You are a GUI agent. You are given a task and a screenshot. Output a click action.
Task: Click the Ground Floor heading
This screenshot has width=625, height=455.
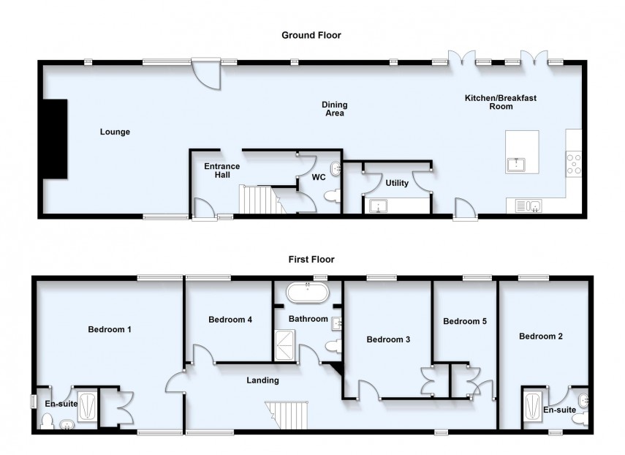pos(311,35)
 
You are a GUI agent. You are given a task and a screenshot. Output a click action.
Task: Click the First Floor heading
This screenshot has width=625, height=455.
pos(311,260)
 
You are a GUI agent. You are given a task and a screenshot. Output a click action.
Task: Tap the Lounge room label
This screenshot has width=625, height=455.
pos(115,132)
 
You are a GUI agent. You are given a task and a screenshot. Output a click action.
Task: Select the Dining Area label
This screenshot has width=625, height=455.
pos(333,109)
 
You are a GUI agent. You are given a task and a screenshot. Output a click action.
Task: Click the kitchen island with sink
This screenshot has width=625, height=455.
pos(522,151)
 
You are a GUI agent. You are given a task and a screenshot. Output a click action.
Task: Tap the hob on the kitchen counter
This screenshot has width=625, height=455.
pos(574,162)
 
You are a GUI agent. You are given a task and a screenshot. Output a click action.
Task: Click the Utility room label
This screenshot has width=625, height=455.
pos(387,183)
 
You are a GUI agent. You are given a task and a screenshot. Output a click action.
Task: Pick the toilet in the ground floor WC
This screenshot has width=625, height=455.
pos(333,195)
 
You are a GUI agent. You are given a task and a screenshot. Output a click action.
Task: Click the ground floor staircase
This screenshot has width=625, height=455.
pos(260,199)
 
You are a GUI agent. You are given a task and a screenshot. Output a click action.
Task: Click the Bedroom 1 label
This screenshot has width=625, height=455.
pos(110,329)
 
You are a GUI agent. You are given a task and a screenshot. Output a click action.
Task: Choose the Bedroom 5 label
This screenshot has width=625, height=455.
pos(465,321)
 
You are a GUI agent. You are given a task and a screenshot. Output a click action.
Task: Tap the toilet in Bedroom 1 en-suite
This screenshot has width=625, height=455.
pos(48,421)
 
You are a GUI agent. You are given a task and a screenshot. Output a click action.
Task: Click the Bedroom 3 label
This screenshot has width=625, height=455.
pos(388,339)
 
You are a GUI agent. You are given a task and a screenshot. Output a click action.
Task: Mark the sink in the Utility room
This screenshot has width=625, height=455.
pos(379,206)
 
